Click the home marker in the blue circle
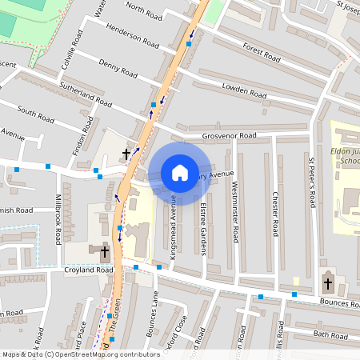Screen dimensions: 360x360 (x=179, y=173)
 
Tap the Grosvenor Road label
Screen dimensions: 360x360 (x=229, y=136)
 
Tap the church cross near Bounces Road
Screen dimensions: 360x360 (x=327, y=283)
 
